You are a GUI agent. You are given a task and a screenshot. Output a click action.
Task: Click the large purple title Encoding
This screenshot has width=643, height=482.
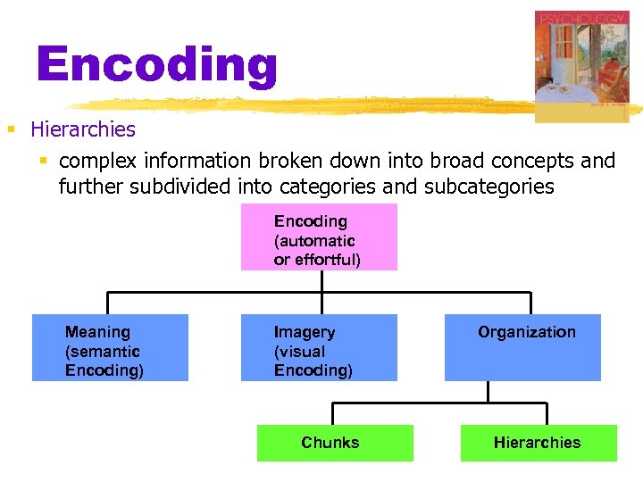tap(157, 65)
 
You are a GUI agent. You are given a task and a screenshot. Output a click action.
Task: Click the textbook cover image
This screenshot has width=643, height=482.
tap(581, 66)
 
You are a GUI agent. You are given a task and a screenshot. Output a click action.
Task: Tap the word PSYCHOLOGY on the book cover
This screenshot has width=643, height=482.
tap(581, 19)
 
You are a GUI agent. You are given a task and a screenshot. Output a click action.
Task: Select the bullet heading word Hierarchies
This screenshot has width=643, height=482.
tap(82, 129)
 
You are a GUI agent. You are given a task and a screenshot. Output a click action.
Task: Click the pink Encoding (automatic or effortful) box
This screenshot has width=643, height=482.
tap(319, 237)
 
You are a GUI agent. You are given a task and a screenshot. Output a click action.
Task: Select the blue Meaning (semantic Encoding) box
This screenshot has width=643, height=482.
tap(110, 348)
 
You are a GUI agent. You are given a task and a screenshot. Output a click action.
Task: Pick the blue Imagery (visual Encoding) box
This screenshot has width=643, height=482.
tap(319, 348)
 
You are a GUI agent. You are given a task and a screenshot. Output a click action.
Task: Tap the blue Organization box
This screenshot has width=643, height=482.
tap(522, 348)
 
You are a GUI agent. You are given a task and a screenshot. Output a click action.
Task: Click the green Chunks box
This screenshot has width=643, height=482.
tap(335, 443)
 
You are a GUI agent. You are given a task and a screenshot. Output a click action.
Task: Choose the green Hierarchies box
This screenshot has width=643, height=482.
tap(539, 443)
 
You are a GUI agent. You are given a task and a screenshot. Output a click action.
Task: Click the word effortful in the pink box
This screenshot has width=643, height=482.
tap(327, 261)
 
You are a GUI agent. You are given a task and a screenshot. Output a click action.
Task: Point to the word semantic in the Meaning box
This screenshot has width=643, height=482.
tap(102, 352)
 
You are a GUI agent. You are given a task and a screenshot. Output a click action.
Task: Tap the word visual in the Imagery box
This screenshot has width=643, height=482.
tap(301, 352)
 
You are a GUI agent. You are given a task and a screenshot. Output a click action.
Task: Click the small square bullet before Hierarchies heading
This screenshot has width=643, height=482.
tap(12, 130)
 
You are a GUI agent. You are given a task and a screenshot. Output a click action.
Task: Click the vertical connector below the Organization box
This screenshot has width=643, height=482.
tap(488, 391)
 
